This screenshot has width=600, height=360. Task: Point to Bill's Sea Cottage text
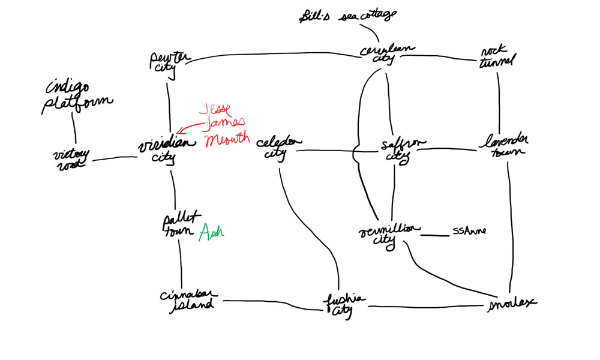pos(348,14)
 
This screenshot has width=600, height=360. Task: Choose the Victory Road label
pos(70,159)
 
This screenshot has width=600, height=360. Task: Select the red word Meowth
pos(226,140)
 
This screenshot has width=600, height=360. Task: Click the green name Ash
pos(211,232)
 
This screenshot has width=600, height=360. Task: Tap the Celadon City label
pos(278,147)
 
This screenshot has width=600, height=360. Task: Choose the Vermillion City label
pos(388,234)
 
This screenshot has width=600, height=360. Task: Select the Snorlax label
pos(511,301)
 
